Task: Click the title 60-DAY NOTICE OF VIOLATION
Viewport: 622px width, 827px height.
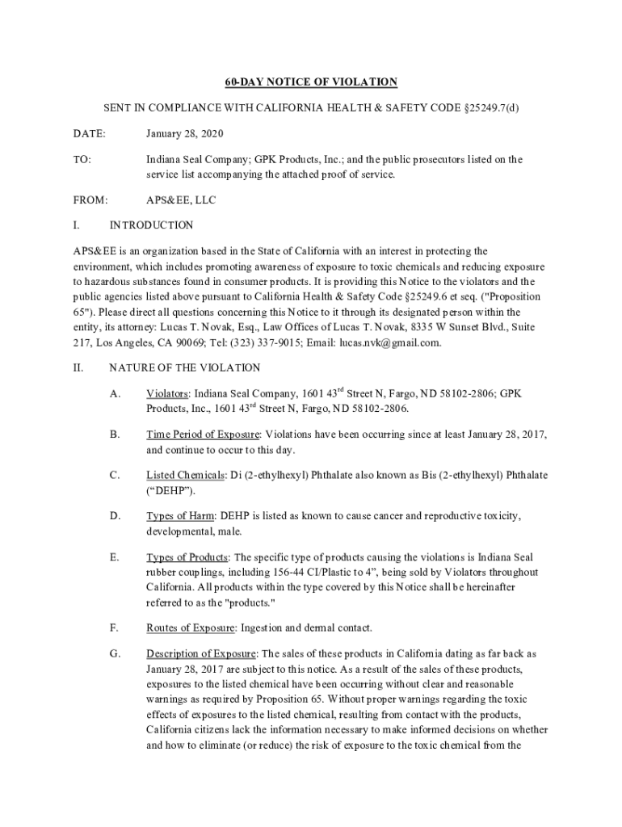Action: pyautogui.click(x=311, y=82)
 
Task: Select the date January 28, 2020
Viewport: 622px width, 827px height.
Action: pyautogui.click(x=185, y=133)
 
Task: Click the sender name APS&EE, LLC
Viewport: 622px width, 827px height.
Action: pyautogui.click(x=181, y=199)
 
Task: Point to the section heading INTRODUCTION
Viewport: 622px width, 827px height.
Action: pyautogui.click(x=151, y=225)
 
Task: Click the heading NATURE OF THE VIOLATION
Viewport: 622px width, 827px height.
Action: pyautogui.click(x=184, y=367)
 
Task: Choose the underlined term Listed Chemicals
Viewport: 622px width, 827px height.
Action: pyautogui.click(x=184, y=475)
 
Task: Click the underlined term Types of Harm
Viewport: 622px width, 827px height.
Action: pyautogui.click(x=180, y=515)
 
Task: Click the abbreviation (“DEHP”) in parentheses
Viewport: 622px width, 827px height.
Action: pyautogui.click(x=170, y=490)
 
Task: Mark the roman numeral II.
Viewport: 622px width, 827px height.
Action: pyautogui.click(x=78, y=367)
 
